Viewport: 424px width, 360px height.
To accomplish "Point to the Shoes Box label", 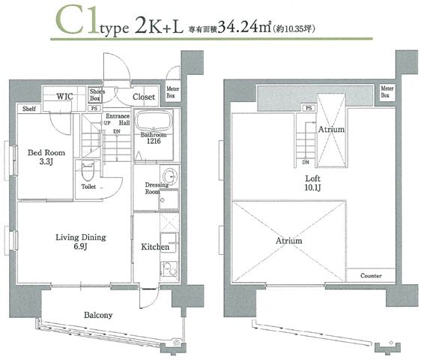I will [97, 95].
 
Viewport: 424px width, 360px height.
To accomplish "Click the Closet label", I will [143, 97].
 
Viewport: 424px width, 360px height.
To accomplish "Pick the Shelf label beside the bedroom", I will [29, 109].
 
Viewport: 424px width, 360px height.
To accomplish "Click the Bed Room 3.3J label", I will [46, 157].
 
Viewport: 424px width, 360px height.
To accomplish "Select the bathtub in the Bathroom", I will [157, 121].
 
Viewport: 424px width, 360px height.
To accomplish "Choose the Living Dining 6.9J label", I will [80, 241].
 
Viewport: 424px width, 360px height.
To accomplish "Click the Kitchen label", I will [154, 247].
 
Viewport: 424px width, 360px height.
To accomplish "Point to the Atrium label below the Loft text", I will [288, 241].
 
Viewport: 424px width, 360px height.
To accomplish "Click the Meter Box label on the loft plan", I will [385, 91].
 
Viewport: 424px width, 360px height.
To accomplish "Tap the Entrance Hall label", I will [118, 121].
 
